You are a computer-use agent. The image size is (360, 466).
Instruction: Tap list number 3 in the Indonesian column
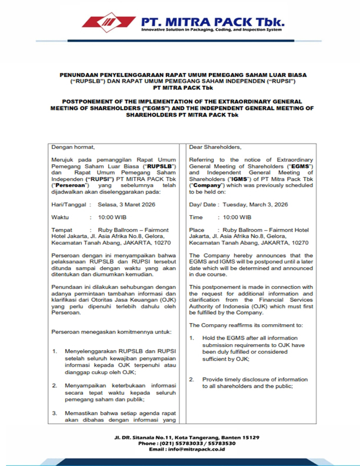tap(54, 412)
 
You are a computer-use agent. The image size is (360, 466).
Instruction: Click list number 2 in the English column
tap(192, 379)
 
